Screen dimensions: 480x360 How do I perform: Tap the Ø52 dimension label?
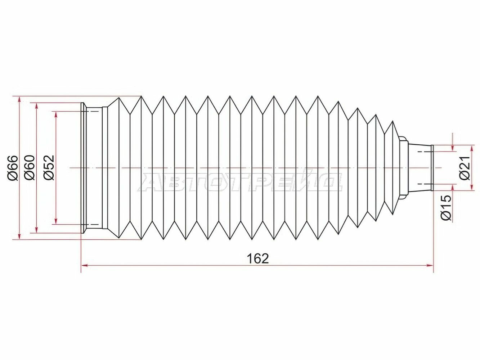(49, 168)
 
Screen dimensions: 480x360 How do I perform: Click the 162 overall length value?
(257, 258)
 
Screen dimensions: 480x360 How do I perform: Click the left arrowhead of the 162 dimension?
(84, 265)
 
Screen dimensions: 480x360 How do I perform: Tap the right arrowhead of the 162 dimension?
(430, 265)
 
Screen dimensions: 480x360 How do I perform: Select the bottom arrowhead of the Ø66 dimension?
(20, 236)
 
